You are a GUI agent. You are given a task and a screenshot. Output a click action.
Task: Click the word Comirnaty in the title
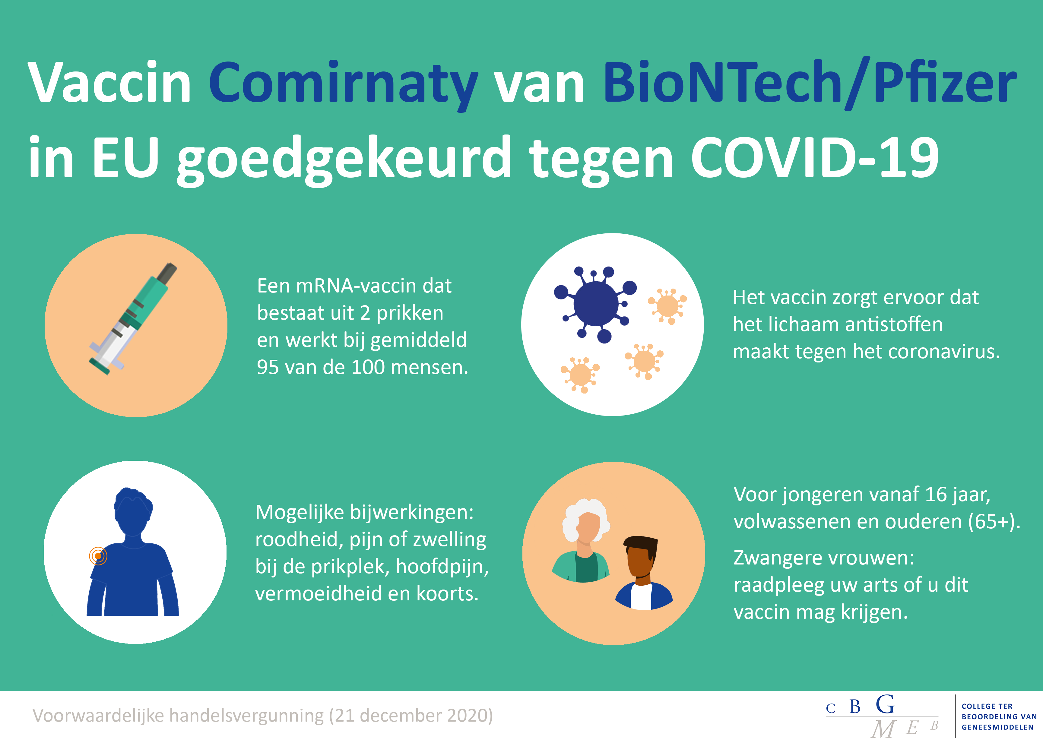(x=344, y=85)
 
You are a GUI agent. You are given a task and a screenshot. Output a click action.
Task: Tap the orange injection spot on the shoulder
(x=98, y=556)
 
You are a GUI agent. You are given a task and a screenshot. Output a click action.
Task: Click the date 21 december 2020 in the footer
(x=411, y=715)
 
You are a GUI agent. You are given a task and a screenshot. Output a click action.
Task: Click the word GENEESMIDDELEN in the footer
(x=997, y=727)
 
